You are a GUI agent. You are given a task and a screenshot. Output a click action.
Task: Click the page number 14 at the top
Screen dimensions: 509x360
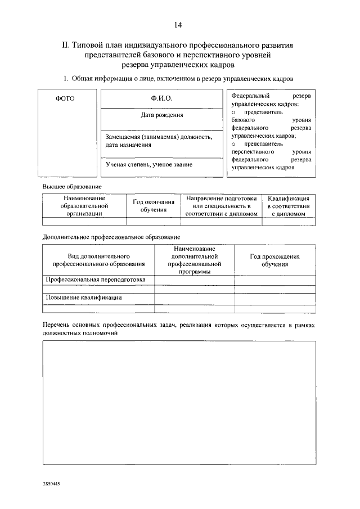point(178,24)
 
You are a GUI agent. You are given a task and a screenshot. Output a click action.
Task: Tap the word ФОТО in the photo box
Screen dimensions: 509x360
point(65,98)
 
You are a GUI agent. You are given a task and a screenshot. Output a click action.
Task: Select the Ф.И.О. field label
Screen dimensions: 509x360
point(161,98)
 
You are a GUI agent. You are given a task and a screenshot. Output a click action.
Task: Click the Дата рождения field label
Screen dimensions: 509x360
point(161,115)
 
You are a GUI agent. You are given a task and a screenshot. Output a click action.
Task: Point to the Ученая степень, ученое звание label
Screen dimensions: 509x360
point(148,165)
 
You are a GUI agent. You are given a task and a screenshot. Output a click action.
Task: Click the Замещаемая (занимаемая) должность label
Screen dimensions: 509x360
point(159,137)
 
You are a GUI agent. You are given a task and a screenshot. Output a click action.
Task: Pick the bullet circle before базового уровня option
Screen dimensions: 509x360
point(233,112)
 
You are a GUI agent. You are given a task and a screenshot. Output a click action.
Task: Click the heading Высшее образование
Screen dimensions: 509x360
point(70,186)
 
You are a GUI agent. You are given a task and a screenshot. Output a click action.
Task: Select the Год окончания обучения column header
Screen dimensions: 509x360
point(154,206)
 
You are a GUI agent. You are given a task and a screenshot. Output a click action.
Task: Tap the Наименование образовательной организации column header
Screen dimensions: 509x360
point(84,206)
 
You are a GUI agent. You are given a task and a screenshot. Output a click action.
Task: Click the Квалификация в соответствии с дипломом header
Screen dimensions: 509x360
point(288,206)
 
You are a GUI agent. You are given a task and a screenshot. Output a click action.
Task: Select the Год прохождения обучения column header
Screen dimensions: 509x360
point(274,260)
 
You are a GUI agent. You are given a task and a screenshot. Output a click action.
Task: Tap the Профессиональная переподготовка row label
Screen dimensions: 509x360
point(96,280)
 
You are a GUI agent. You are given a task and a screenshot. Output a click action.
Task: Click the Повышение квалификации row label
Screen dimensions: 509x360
point(84,298)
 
